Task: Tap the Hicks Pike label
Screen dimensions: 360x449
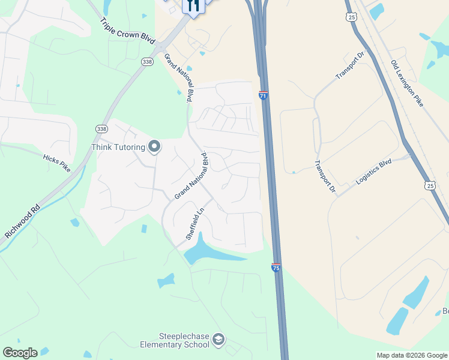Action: [57, 162]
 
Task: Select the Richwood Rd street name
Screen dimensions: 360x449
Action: [22, 221]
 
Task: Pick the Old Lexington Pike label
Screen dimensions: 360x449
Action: [407, 83]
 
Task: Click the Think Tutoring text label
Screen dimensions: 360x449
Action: [118, 147]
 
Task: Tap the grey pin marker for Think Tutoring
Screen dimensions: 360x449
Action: [154, 146]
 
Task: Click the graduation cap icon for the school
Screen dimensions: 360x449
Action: [218, 340]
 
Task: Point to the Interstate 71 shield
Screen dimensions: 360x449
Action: [263, 95]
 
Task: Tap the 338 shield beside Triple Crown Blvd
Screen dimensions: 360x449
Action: [148, 61]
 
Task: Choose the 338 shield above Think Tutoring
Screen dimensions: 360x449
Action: [101, 129]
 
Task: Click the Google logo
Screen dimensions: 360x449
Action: [20, 353]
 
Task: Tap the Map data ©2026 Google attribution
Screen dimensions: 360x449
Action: [412, 355]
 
